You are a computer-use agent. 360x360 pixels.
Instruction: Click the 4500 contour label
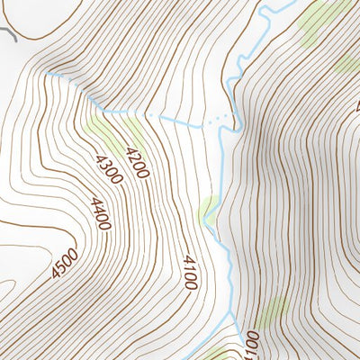coord(64,262)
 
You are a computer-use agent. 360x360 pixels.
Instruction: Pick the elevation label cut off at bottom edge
coord(252,346)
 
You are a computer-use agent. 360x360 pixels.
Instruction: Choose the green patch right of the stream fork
coord(271,312)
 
